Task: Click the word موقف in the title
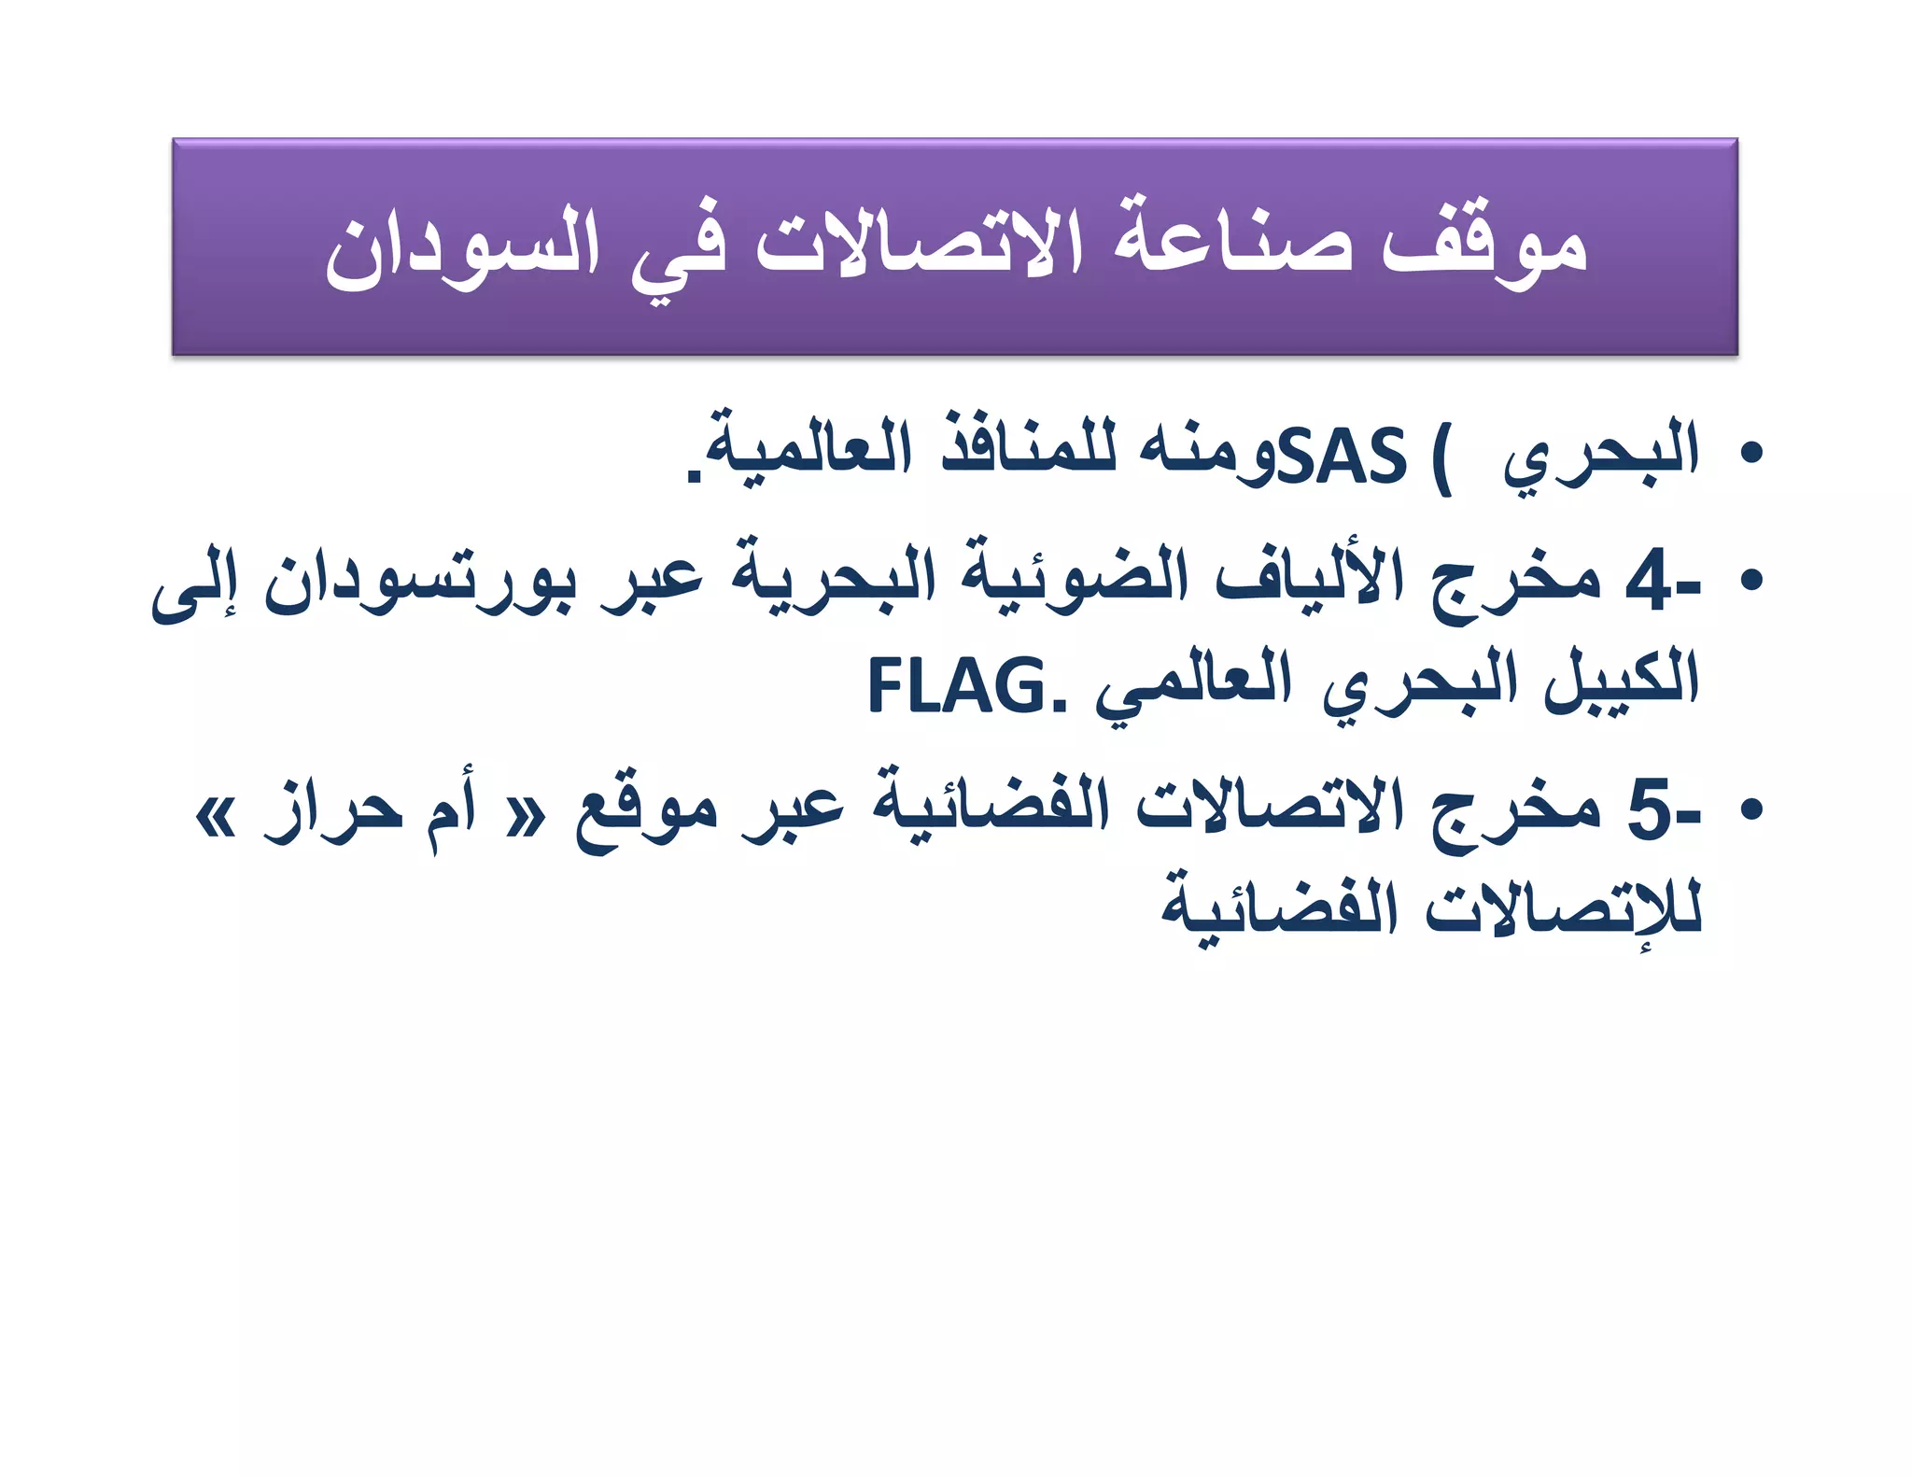click(x=1483, y=245)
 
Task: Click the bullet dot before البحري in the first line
click(x=1750, y=455)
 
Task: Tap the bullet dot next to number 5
click(x=1750, y=809)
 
